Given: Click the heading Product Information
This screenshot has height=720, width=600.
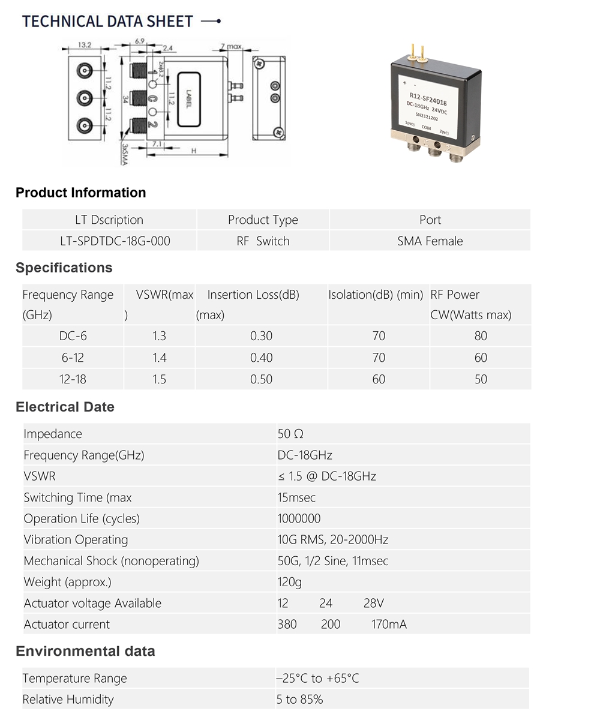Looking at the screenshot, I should click(80, 193).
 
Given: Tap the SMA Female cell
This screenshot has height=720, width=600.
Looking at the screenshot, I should click(430, 241).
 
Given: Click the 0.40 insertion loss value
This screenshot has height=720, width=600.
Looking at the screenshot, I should click(261, 358).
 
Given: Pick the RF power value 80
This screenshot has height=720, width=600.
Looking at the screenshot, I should click(481, 336).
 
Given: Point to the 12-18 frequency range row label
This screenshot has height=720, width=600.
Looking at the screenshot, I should click(73, 379).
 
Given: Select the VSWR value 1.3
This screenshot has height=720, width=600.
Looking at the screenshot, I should click(159, 336).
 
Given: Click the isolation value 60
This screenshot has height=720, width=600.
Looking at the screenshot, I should click(379, 379).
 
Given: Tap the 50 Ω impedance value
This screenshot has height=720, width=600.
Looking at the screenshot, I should click(290, 434).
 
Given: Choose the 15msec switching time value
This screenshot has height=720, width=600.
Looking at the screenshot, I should click(296, 497).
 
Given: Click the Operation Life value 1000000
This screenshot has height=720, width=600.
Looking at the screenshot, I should click(299, 518).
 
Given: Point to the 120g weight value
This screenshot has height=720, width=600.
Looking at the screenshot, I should click(290, 582).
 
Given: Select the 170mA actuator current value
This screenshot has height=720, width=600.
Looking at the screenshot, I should click(389, 625).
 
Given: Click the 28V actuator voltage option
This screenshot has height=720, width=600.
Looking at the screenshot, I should click(373, 603).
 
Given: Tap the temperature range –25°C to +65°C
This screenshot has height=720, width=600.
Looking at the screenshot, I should click(318, 679).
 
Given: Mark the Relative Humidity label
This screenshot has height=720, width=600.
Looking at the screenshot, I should click(68, 700).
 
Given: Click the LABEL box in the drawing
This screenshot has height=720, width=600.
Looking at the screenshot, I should click(188, 99).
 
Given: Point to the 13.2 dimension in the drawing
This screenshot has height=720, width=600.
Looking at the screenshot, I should click(85, 45).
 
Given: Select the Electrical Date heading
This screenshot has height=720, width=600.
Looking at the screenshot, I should click(65, 407).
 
